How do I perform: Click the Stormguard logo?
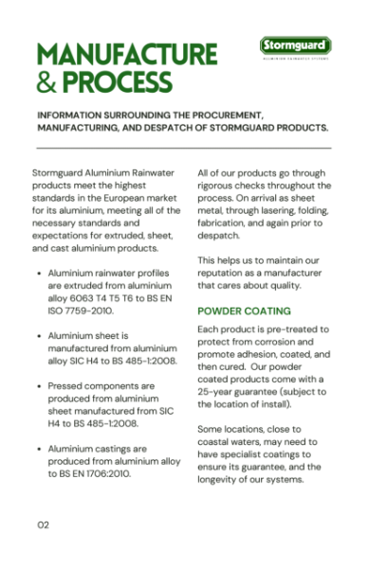click(295, 45)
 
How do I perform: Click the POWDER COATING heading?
click(244, 311)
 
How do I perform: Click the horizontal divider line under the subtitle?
click(183, 148)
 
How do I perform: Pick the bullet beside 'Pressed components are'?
click(36, 386)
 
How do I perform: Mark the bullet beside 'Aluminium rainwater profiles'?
click(36, 273)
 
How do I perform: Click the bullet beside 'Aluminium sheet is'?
click(36, 335)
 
